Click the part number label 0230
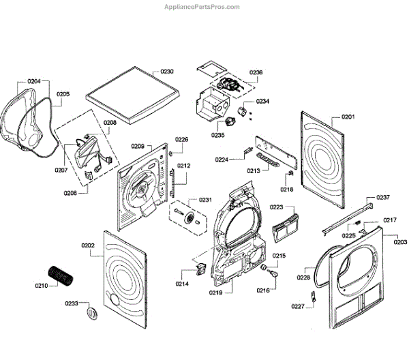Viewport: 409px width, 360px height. pos(167,72)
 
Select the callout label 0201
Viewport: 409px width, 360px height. pos(348,117)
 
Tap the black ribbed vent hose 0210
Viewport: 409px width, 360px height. pos(61,277)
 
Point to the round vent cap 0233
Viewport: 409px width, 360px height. pos(92,314)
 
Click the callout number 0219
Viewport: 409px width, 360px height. pos(215,292)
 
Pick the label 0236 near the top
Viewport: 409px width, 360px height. pos(256,72)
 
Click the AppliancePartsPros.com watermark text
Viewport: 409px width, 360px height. pos(202,7)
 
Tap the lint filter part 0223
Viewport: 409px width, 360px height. pos(286,228)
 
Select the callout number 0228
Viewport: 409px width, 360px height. pos(303,277)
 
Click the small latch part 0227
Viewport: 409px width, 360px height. pos(314,296)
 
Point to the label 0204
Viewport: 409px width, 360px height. pos(34,81)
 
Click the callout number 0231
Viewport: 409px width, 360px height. pos(205,200)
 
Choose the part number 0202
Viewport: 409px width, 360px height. pos(88,245)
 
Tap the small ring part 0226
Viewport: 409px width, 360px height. pos(170,153)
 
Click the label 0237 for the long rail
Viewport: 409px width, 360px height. pos(383,197)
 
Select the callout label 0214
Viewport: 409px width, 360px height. pos(182,284)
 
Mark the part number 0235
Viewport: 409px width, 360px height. pos(218,135)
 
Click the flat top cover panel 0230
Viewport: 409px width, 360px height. pos(132,95)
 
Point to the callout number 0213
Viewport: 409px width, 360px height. pos(254,171)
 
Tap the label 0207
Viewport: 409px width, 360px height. pos(61,170)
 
